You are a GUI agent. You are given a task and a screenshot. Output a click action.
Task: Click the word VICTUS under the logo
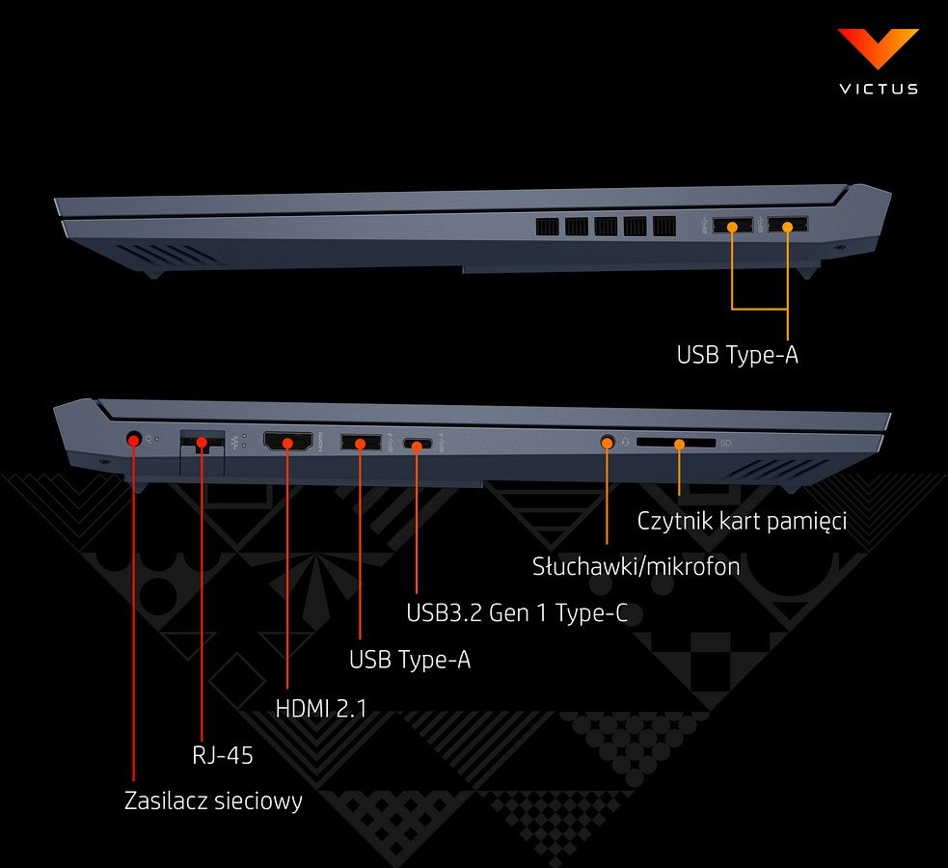pyautogui.click(x=878, y=89)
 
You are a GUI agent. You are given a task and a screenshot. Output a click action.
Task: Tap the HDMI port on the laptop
pyautogui.click(x=287, y=443)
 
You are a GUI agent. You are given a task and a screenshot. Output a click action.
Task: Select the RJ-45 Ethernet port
pyautogui.click(x=202, y=444)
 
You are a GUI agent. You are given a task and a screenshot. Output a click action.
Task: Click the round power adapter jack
pyautogui.click(x=134, y=440)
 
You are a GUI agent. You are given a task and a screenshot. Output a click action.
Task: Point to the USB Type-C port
pyautogui.click(x=418, y=445)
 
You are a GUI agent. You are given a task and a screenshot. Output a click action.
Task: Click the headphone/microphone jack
pyautogui.click(x=608, y=442)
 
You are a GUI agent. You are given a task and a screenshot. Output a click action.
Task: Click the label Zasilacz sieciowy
pyautogui.click(x=213, y=800)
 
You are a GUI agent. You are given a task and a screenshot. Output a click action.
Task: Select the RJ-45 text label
pyautogui.click(x=222, y=754)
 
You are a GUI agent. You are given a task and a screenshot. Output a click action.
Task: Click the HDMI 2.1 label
pyautogui.click(x=321, y=708)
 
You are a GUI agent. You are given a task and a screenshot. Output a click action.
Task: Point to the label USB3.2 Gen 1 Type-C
pyautogui.click(x=517, y=612)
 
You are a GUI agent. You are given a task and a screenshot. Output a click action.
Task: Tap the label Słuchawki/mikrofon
pyautogui.click(x=636, y=566)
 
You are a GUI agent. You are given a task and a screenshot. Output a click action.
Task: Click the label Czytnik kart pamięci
pyautogui.click(x=742, y=522)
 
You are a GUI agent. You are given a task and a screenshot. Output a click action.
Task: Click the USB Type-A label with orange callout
pyautogui.click(x=737, y=355)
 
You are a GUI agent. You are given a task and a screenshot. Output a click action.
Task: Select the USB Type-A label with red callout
pyautogui.click(x=410, y=660)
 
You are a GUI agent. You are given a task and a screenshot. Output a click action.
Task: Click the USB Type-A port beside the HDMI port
pyautogui.click(x=360, y=444)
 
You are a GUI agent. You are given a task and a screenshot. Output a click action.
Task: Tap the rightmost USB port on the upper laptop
pyautogui.click(x=788, y=227)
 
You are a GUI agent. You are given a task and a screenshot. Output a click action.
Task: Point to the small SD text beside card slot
pyautogui.click(x=726, y=444)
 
